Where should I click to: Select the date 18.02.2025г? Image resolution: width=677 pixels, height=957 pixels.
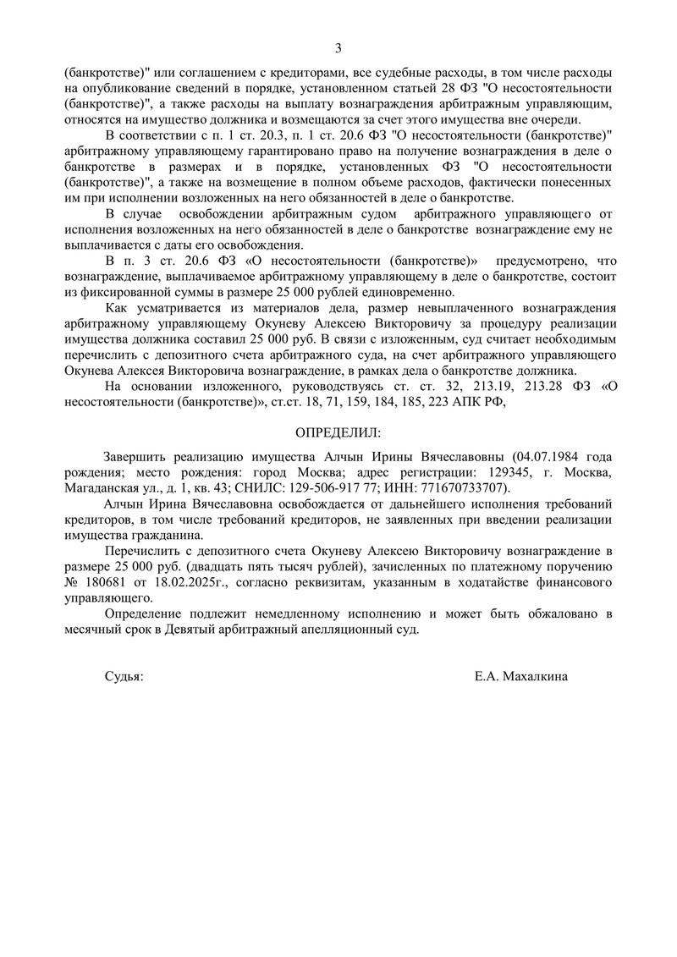(x=192, y=583)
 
